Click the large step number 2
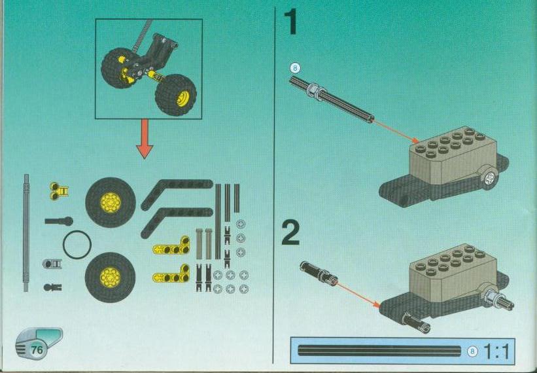tap(290, 232)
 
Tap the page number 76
tap(37, 349)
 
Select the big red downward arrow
tap(145, 139)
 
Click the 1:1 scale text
tap(496, 351)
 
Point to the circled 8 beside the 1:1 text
tap(473, 351)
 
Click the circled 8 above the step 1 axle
tap(295, 68)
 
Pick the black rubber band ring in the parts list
tap(77, 245)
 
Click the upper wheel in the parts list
tap(111, 202)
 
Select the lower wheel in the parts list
tap(110, 277)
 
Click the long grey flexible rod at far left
tap(26, 233)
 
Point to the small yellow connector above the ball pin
tap(59, 191)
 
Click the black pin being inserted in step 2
tap(319, 272)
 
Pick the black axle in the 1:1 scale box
tap(379, 351)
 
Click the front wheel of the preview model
tap(176, 95)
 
